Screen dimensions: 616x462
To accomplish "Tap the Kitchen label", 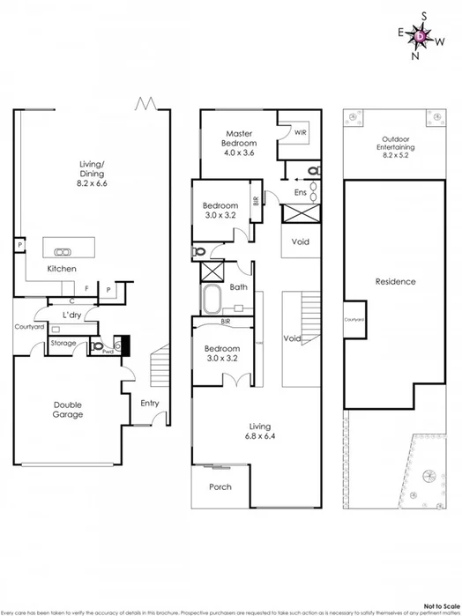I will click(61, 268).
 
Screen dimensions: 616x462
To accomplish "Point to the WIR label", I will click(300, 133).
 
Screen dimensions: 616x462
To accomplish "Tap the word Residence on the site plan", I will click(394, 283).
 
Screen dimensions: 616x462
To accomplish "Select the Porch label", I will click(220, 486).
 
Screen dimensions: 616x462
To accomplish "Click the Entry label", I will click(150, 404).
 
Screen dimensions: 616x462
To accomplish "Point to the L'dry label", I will click(72, 315).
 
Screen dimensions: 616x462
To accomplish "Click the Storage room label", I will click(63, 343).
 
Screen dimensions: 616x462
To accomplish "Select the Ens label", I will click(301, 190).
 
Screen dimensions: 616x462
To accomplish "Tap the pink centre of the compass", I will click(421, 35).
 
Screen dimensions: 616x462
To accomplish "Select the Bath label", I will click(238, 287).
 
